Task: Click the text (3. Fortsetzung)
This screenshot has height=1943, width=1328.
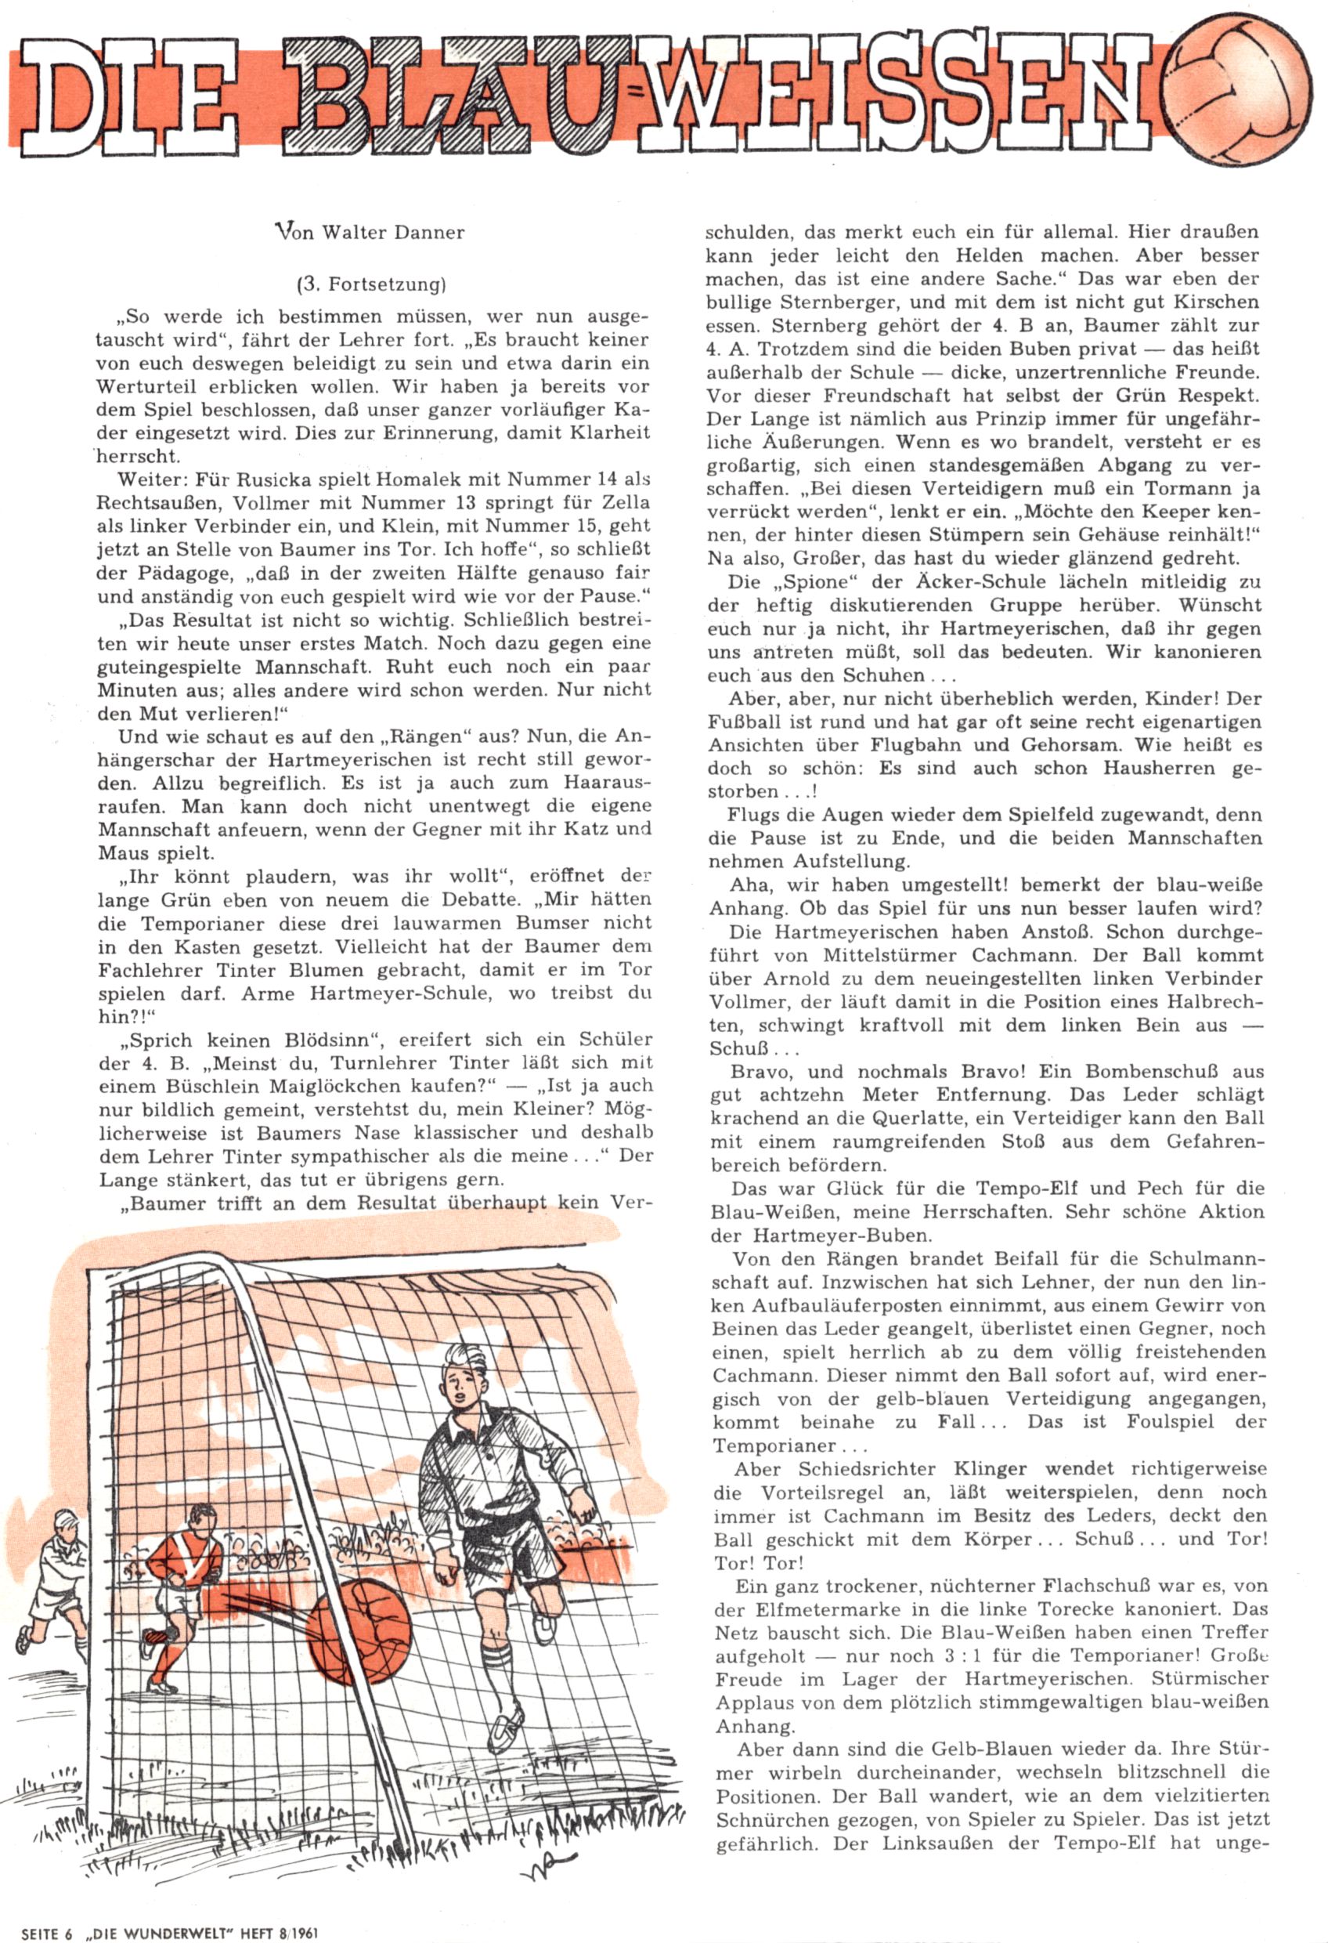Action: click(372, 284)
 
